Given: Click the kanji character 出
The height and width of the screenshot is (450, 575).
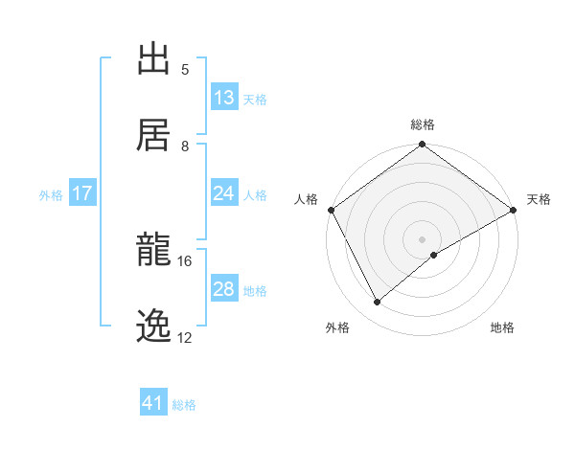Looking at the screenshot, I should (x=153, y=58).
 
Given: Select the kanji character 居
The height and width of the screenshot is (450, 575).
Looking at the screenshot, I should (x=153, y=134).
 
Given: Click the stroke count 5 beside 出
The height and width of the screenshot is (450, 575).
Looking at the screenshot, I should (x=185, y=70).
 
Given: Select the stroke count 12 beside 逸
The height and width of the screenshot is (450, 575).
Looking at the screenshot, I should (x=185, y=338).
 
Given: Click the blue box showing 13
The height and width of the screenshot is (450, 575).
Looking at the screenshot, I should (x=223, y=98).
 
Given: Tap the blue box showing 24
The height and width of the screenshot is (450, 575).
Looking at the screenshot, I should (x=223, y=193).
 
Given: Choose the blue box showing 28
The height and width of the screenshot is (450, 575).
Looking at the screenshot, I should (x=223, y=289).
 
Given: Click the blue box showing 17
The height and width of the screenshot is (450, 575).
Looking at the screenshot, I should (x=82, y=193).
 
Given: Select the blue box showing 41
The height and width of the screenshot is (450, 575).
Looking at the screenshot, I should (x=153, y=403).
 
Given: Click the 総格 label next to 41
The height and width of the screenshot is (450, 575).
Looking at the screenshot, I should (x=184, y=405).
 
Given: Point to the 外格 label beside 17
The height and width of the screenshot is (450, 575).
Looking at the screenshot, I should (x=51, y=195).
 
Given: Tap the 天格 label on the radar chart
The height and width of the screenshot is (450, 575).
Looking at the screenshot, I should (x=539, y=199).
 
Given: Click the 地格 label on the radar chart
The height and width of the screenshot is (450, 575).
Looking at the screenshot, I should (x=502, y=327).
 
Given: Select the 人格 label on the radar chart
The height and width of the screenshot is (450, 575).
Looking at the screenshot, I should (x=307, y=199).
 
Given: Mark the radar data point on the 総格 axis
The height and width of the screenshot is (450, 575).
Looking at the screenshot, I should (x=422, y=146).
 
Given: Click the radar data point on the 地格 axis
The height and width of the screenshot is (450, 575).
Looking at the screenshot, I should (x=434, y=255).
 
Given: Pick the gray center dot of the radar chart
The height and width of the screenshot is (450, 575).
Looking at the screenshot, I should (x=422, y=238).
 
